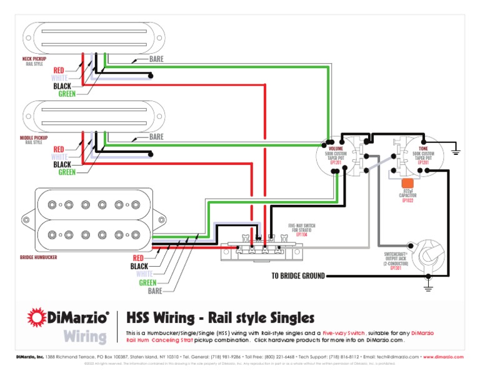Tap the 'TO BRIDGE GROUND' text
[297, 275]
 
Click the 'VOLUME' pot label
[335, 149]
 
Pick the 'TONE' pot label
[423, 149]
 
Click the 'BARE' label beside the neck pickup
[156, 59]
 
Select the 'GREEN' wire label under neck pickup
[67, 94]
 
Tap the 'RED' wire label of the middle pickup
[59, 149]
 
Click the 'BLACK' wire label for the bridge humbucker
[139, 266]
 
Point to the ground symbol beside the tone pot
[457, 150]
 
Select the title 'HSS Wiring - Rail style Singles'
[220, 318]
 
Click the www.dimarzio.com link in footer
[443, 357]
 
